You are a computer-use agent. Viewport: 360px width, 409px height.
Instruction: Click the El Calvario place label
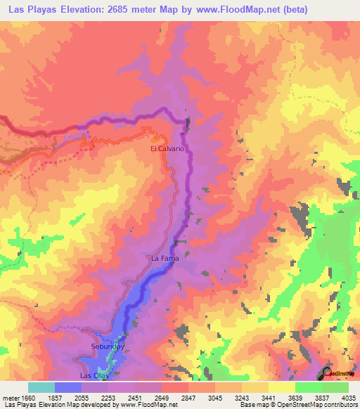click(167, 150)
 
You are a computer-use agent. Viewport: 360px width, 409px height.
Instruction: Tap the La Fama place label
click(165, 259)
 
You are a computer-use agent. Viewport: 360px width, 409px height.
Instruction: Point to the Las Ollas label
click(94, 376)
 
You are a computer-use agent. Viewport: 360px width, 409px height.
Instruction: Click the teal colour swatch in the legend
click(41, 388)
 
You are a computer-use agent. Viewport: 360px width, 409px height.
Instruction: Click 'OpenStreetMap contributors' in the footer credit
click(316, 405)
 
